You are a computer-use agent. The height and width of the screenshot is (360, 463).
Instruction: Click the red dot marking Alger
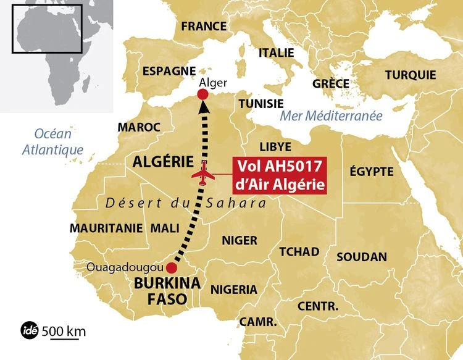pyautogui.click(x=202, y=94)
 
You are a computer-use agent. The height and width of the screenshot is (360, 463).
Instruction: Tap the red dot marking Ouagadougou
pyautogui.click(x=172, y=269)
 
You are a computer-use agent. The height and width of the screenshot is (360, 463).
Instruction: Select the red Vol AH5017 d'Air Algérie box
pyautogui.click(x=278, y=175)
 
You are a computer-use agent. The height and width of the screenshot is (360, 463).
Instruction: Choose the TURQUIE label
pyautogui.click(x=411, y=75)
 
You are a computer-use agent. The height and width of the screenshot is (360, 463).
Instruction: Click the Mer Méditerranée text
pyautogui.click(x=331, y=116)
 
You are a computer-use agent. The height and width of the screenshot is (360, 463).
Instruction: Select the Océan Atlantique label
pyautogui.click(x=53, y=141)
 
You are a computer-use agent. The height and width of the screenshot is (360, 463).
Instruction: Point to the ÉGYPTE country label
pyautogui.click(x=372, y=171)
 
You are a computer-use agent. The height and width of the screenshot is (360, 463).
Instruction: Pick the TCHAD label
pyautogui.click(x=299, y=251)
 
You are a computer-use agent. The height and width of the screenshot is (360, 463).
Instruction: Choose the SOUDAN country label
pyautogui.click(x=362, y=256)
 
